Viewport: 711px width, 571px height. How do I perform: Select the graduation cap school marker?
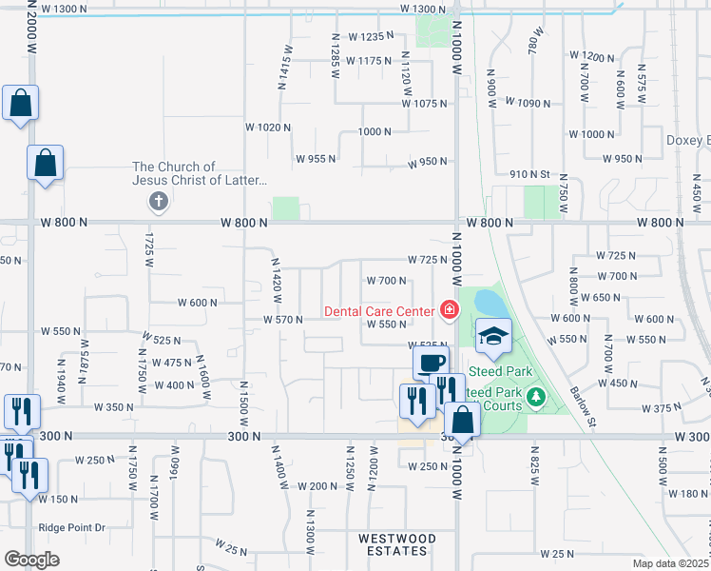(494, 336)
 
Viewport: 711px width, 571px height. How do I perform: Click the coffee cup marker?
(431, 363)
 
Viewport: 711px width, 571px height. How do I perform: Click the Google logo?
(31, 560)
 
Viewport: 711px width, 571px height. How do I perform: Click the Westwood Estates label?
(397, 545)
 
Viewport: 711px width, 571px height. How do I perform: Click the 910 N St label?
(530, 174)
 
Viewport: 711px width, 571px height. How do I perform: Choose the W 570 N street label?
(283, 320)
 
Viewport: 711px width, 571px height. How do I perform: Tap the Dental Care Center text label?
(378, 310)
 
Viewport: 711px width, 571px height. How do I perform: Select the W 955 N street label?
(316, 159)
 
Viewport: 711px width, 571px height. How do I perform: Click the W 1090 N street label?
(528, 102)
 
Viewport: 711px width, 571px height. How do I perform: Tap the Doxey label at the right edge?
(689, 140)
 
